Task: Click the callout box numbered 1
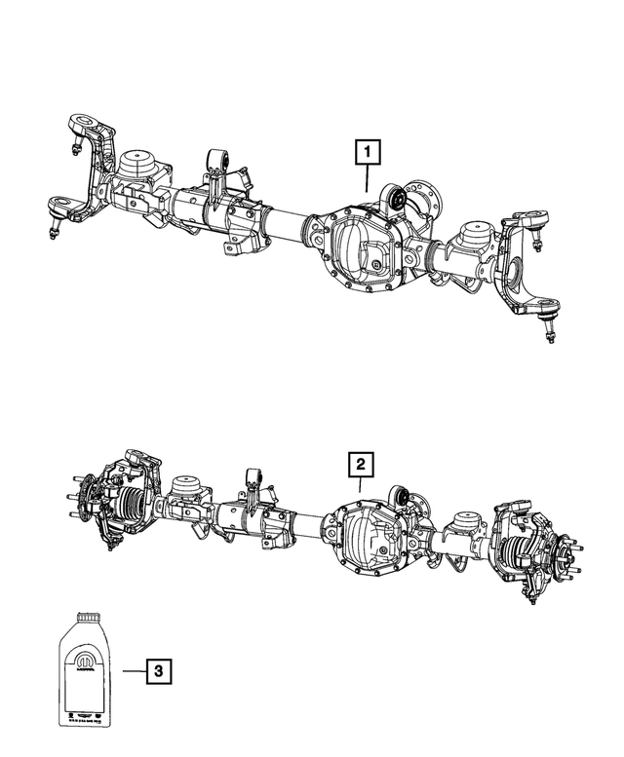pyautogui.click(x=368, y=152)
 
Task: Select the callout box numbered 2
pyautogui.click(x=360, y=463)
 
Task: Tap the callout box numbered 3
pyautogui.click(x=157, y=670)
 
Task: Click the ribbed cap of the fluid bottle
pyautogui.click(x=89, y=619)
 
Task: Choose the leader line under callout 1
pyautogui.click(x=368, y=177)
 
